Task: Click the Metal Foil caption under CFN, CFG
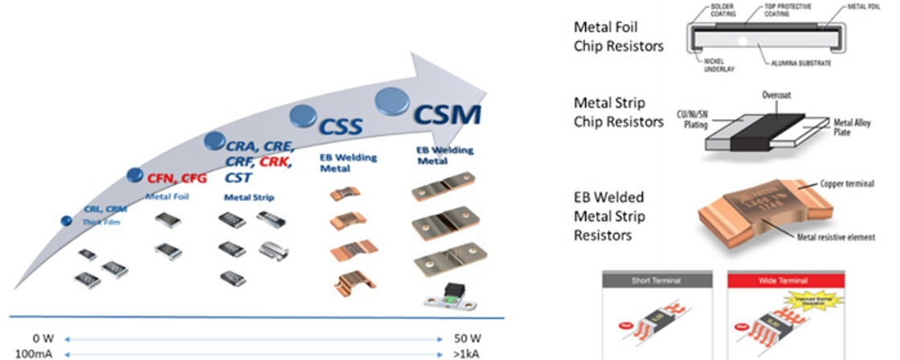(167, 196)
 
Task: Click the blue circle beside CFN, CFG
(137, 174)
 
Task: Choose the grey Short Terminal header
(657, 281)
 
